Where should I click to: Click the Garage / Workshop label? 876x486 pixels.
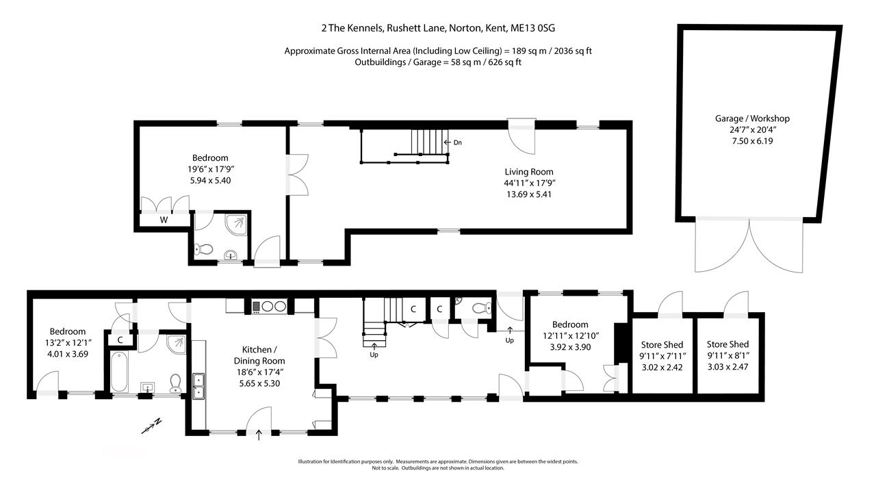[x=752, y=118]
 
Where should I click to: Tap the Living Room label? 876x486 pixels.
[x=529, y=171]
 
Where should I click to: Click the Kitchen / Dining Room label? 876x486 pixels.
[x=259, y=355]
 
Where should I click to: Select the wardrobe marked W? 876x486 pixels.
[x=164, y=220]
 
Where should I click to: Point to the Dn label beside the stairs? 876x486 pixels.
[x=458, y=142]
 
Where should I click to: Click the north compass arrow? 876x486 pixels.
[x=152, y=426]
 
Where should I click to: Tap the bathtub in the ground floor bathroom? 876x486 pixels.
[x=119, y=372]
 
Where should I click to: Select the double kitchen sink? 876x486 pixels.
[x=198, y=386]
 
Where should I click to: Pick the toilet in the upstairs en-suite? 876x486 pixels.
[x=203, y=249]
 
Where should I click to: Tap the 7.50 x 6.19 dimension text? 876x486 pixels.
[x=752, y=141]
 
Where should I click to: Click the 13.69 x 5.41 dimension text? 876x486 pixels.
[x=529, y=194]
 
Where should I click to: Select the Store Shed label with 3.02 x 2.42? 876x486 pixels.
[x=662, y=345]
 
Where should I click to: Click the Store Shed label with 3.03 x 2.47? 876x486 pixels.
[x=727, y=344]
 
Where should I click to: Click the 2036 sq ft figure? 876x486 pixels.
[x=573, y=51]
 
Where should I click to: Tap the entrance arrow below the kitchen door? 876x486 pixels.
[x=259, y=435]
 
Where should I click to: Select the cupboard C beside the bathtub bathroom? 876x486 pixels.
[x=120, y=340]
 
